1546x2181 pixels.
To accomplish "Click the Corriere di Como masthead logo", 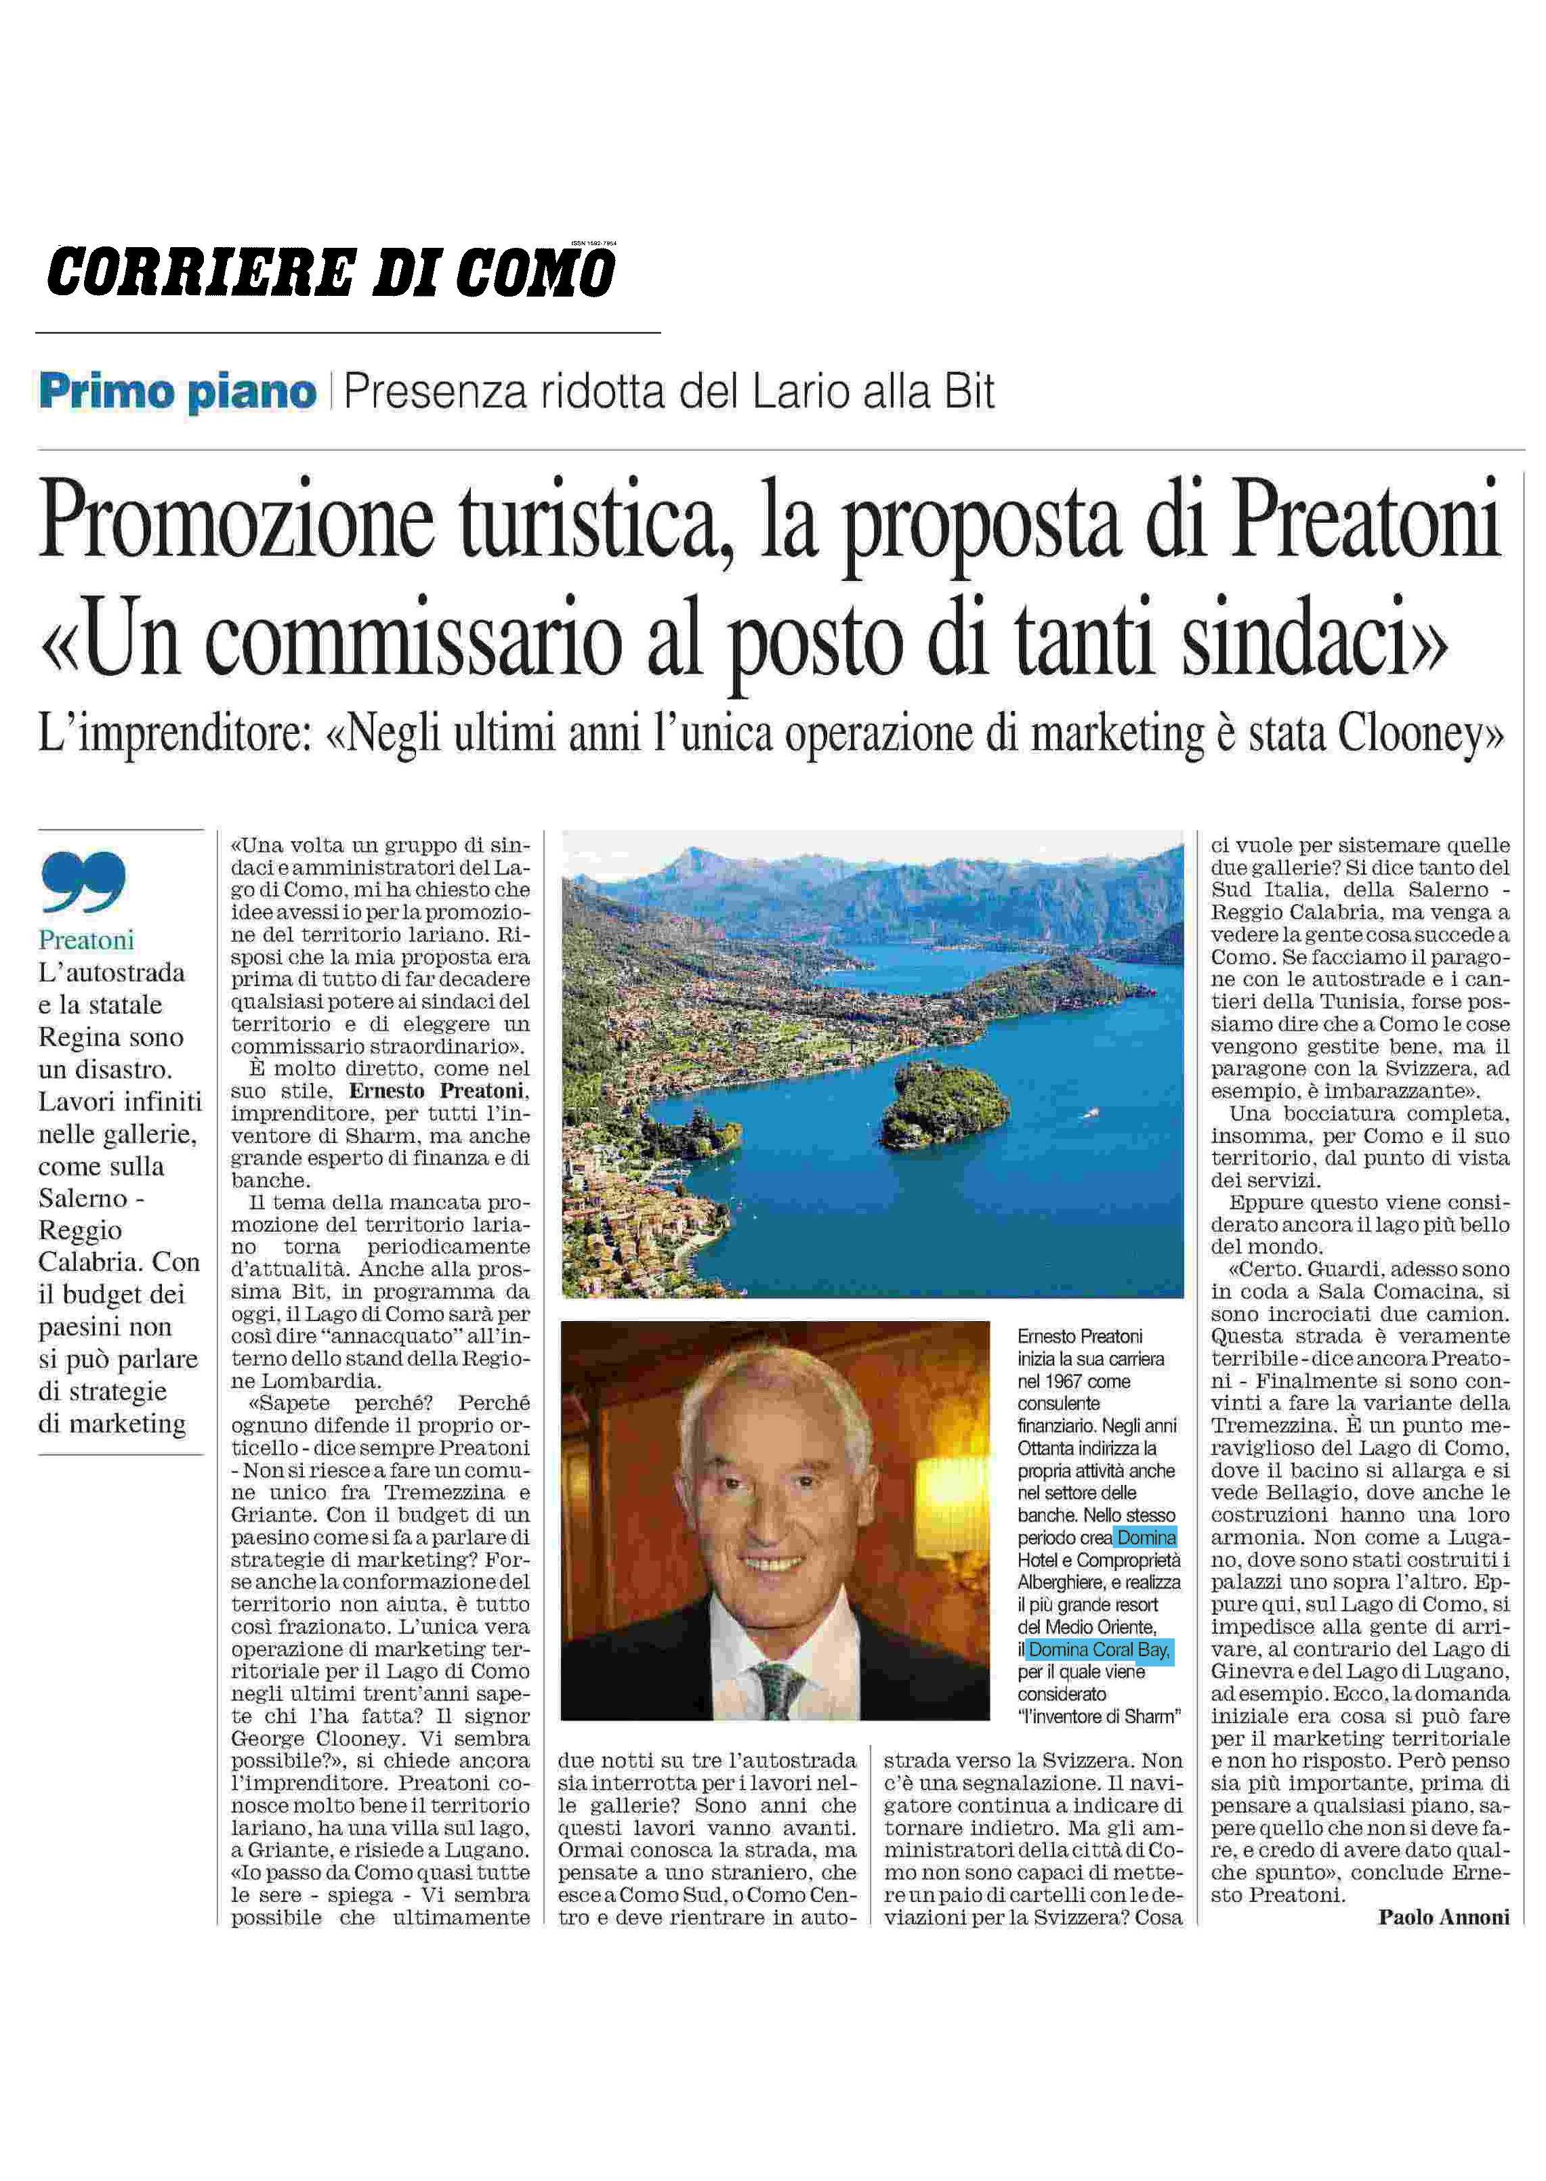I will [331, 273].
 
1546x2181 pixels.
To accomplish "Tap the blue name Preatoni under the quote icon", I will [85, 940].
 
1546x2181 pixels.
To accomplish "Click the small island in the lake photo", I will [944, 1105].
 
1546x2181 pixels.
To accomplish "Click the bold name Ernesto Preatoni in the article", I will [438, 1092].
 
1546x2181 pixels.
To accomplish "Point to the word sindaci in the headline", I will [1314, 643].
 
